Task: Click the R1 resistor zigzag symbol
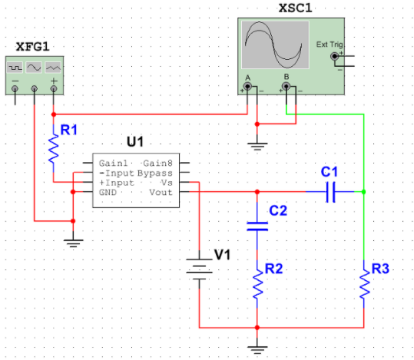(x=54, y=149)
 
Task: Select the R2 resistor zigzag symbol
(x=257, y=285)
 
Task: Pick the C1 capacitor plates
(x=330, y=192)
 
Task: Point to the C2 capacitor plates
(x=257, y=226)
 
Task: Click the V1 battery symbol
(x=200, y=269)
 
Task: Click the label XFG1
(x=33, y=47)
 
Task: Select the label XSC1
(x=296, y=8)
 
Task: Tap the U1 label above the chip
(x=135, y=142)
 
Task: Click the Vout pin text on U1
(x=161, y=192)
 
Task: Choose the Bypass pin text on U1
(x=155, y=173)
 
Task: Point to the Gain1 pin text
(x=113, y=163)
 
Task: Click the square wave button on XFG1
(x=15, y=68)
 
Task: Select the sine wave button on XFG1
(x=34, y=68)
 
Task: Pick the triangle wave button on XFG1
(x=53, y=68)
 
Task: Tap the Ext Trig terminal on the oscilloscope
(x=335, y=56)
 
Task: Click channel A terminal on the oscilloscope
(x=247, y=86)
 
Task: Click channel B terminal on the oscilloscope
(x=286, y=86)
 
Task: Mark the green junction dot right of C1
(x=364, y=192)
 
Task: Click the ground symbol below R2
(x=257, y=350)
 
